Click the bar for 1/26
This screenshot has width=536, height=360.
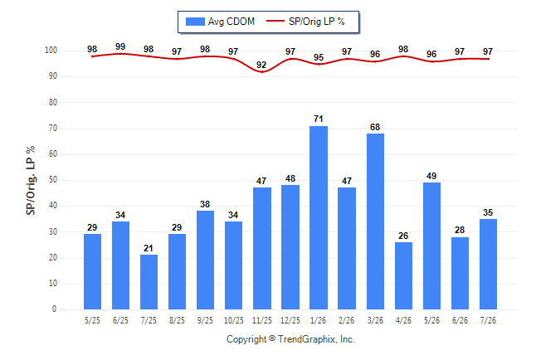[319, 218]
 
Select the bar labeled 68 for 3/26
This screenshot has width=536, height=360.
[375, 221]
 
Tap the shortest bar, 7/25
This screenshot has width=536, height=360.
[149, 282]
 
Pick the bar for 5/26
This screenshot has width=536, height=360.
[431, 246]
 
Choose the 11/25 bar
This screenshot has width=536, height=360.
[262, 249]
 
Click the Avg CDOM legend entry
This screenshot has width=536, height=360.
[220, 22]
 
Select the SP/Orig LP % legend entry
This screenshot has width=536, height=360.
[305, 22]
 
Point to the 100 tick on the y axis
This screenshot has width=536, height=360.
[51, 51]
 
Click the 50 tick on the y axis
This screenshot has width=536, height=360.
[53, 180]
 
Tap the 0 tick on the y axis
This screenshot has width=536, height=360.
[55, 309]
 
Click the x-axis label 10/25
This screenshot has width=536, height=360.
[234, 320]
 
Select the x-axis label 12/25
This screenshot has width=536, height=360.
[290, 320]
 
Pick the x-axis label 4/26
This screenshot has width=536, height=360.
[403, 320]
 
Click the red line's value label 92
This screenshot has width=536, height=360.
[261, 65]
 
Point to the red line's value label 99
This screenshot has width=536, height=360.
[120, 46]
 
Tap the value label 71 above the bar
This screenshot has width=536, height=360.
[319, 119]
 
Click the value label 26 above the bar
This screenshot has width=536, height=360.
[403, 236]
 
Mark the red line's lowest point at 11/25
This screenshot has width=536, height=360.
[262, 72]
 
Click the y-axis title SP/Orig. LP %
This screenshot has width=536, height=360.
[31, 180]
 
